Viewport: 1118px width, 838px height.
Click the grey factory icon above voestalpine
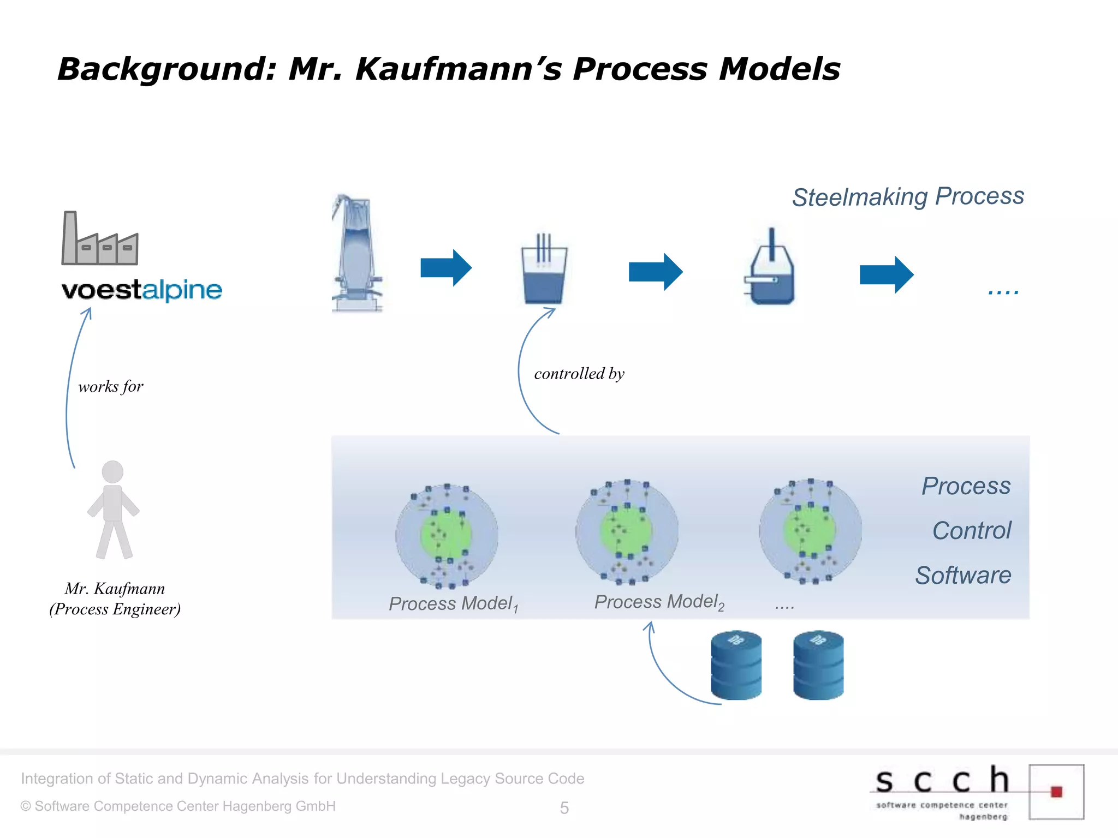pyautogui.click(x=99, y=239)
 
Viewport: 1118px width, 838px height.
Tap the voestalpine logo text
pyautogui.click(x=142, y=290)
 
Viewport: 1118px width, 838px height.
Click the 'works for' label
pyautogui.click(x=111, y=387)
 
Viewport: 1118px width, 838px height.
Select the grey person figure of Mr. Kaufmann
pyautogui.click(x=114, y=510)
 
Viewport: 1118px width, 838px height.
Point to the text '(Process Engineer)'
pyautogui.click(x=115, y=609)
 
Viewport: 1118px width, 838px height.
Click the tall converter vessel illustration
pyautogui.click(x=357, y=254)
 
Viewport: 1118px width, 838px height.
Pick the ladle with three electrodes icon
pyautogui.click(x=544, y=270)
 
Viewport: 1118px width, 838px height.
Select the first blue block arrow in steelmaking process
pyautogui.click(x=445, y=268)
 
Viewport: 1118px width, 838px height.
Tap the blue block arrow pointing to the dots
pyautogui.click(x=886, y=274)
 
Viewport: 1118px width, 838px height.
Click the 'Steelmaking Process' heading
pyautogui.click(x=908, y=197)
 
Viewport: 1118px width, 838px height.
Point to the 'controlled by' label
pyautogui.click(x=579, y=374)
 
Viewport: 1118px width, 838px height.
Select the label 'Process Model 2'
pyautogui.click(x=659, y=602)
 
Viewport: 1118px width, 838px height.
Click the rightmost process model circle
pyautogui.click(x=810, y=531)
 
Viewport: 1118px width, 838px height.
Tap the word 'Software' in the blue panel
pyautogui.click(x=963, y=576)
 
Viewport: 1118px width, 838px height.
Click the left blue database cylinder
pyautogui.click(x=736, y=666)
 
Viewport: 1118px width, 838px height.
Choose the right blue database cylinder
pyautogui.click(x=818, y=666)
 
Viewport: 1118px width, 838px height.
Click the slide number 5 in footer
pyautogui.click(x=564, y=808)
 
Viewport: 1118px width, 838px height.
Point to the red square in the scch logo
pyautogui.click(x=1056, y=792)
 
